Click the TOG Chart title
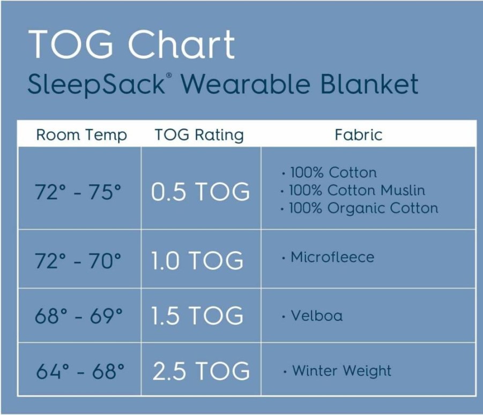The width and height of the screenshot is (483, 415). point(131,44)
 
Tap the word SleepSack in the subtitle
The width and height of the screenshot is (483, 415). point(96,84)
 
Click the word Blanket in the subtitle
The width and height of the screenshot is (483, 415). point(369,84)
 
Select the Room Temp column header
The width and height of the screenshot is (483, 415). point(81,135)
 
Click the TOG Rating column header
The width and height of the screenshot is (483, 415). point(199,135)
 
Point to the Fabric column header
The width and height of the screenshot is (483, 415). point(359,135)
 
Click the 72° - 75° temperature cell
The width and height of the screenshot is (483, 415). point(78,192)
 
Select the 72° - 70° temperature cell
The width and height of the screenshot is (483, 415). point(78,260)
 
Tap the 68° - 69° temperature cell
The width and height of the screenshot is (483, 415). point(79,315)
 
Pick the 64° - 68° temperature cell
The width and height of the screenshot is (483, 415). point(80,371)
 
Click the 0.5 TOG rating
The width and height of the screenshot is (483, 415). point(200,192)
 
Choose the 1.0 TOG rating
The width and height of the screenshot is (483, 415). point(197,260)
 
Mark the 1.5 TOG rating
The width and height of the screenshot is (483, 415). point(197,315)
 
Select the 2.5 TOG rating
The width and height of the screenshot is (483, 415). point(201,371)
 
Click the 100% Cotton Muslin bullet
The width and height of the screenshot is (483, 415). point(353,190)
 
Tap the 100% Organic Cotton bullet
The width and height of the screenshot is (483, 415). point(360,208)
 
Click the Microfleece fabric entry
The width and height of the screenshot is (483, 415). point(328,257)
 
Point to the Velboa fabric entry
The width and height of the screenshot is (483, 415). point(313,315)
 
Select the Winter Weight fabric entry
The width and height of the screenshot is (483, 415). point(337,371)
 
